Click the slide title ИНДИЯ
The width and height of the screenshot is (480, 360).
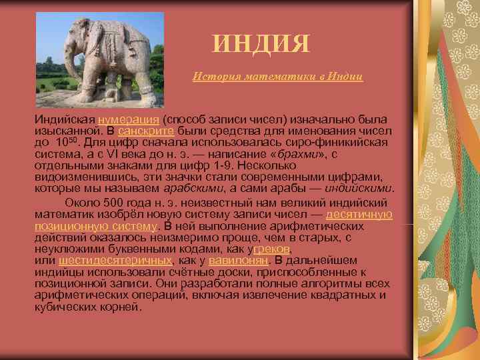tap(261, 45)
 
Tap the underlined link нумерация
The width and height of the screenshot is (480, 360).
tap(129, 119)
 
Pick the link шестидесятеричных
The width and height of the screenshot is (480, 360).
tap(115, 260)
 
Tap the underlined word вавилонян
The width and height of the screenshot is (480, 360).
tap(238, 260)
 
